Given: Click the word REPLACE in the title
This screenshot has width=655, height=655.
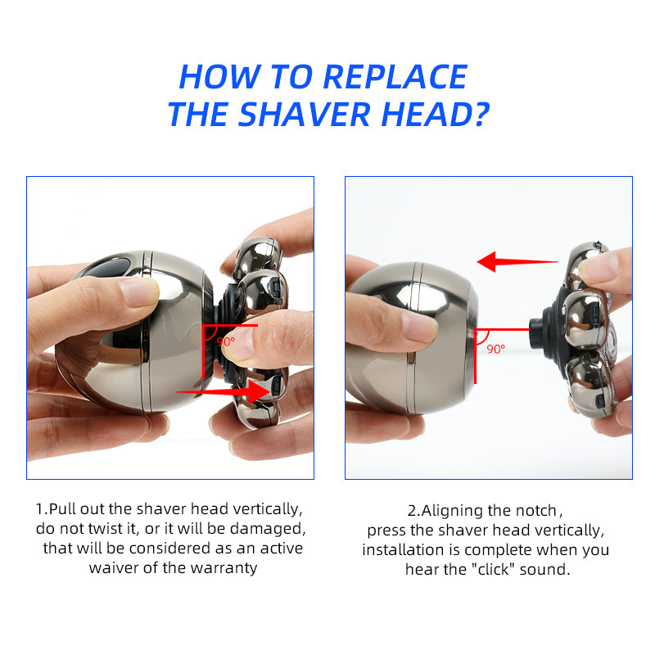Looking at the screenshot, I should tap(395, 77).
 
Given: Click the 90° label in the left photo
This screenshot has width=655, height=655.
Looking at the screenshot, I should tap(225, 341).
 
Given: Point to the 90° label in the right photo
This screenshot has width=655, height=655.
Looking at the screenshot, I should tap(496, 348).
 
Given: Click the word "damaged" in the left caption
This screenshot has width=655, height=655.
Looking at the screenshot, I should tap(269, 529).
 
